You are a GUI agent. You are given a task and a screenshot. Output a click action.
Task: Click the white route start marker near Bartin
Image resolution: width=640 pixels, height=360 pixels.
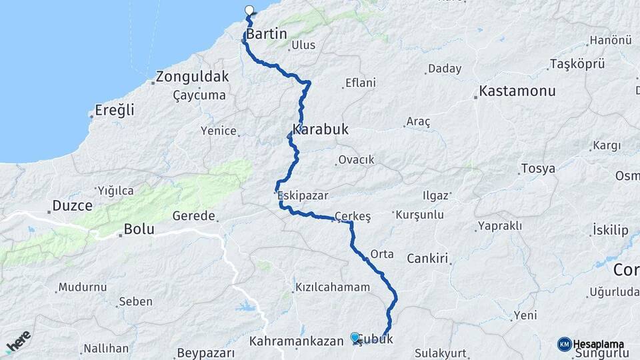coord(250,10)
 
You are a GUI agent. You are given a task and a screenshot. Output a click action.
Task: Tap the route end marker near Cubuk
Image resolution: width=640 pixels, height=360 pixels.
coord(355,337)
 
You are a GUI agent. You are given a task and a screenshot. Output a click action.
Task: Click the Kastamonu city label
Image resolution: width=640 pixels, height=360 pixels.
coord(515,90)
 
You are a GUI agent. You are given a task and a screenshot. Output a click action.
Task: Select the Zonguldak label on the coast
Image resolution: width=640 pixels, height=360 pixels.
coord(193,76)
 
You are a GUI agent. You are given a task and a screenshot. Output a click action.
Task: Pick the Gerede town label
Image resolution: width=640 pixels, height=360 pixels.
coord(194,216)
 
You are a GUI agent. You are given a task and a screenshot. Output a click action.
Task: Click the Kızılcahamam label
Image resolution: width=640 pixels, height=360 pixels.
coord(331,287)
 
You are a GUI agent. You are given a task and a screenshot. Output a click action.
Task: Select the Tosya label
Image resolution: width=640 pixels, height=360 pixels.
coord(539,168)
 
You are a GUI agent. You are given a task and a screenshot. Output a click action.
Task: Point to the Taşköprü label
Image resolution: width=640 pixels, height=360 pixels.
coord(577,64)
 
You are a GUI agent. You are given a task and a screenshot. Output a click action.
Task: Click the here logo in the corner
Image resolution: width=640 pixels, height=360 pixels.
coord(18,342)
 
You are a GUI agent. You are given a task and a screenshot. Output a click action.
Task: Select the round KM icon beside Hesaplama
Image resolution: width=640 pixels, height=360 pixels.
coord(564,344)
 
